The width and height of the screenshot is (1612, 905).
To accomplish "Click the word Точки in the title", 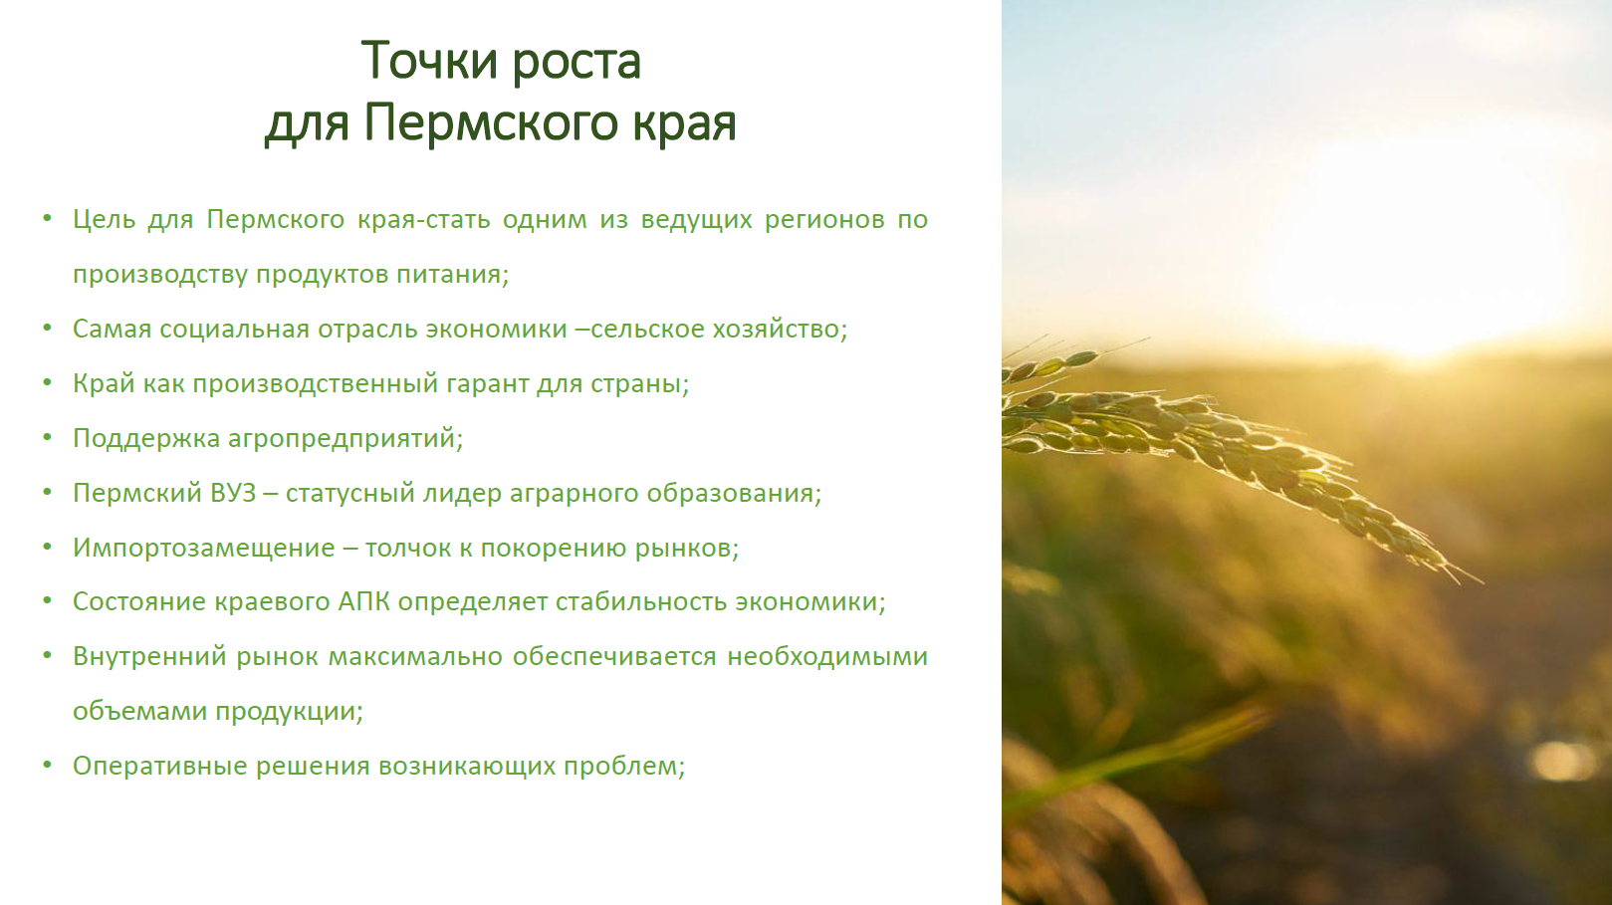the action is coord(429,61).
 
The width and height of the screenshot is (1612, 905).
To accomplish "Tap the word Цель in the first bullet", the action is coord(105,219).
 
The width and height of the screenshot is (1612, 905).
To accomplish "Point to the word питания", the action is coord(453,275).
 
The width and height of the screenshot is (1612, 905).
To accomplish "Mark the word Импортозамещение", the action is coord(204,549).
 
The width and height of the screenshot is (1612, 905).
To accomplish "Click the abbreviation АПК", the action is coord(363,601).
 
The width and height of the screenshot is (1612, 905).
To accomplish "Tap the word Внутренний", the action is coord(149,657).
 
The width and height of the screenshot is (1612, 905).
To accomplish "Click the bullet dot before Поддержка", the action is coord(48,437).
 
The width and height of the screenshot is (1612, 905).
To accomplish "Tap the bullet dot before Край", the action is coord(48,382).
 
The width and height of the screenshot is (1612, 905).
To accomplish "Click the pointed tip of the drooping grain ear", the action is coord(1482,583).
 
